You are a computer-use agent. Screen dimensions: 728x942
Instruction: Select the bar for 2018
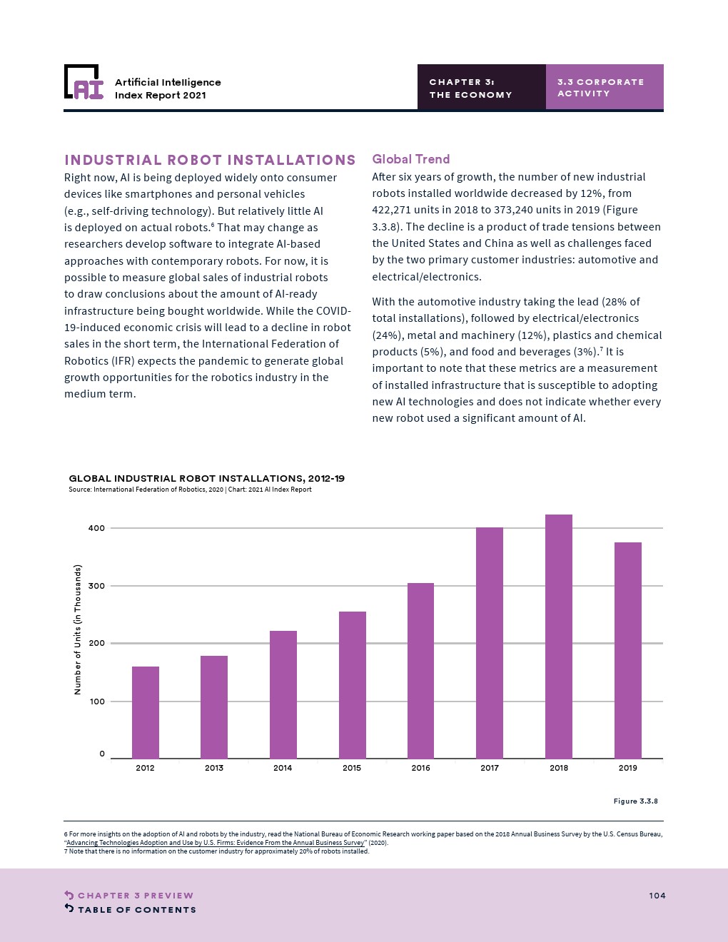[558, 637]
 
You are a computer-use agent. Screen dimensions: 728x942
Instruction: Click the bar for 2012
[146, 713]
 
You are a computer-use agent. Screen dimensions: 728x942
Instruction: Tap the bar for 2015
[352, 685]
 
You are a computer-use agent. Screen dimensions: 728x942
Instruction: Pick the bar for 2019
[627, 650]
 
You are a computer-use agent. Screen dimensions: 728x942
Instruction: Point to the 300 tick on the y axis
[96, 586]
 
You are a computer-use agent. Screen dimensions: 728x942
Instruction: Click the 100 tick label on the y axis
[96, 702]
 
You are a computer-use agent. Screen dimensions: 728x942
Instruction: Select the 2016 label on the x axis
[420, 768]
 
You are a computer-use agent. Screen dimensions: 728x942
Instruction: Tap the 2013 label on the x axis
[213, 768]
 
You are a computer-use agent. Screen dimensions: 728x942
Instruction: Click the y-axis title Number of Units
[78, 629]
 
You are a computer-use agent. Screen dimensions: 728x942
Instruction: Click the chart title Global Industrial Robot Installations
[206, 479]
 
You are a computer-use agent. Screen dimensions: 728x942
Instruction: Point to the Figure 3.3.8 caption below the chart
[636, 801]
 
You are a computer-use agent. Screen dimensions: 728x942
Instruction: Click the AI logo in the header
[84, 82]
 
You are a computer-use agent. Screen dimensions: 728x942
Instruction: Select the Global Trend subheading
[410, 159]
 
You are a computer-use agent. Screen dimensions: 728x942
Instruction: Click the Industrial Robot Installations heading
[210, 160]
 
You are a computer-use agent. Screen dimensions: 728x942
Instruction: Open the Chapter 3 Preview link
[128, 895]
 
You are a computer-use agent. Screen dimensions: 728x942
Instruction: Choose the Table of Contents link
[130, 909]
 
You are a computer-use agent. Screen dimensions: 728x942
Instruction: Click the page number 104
[657, 896]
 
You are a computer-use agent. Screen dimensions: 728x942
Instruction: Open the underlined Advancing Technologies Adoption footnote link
[215, 843]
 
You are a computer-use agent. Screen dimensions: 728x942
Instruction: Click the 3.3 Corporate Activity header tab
[605, 87]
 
